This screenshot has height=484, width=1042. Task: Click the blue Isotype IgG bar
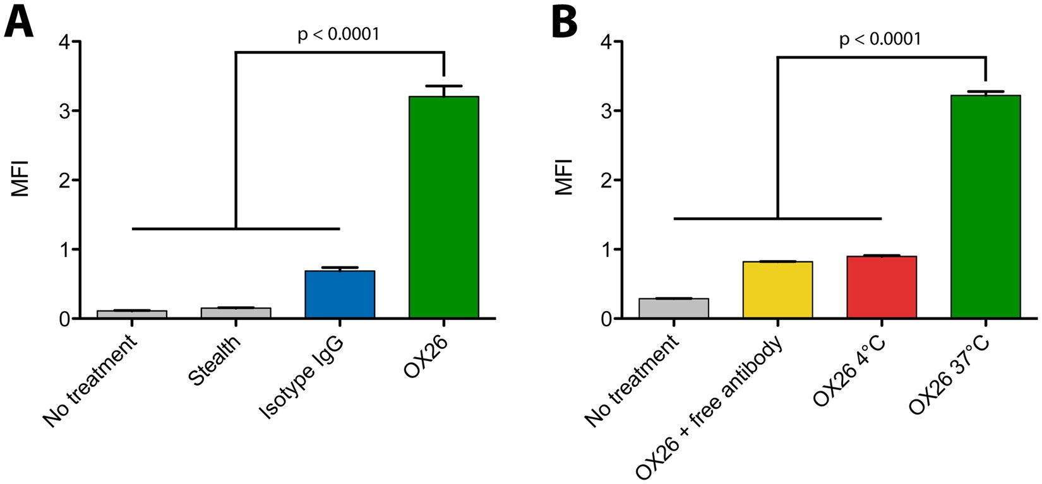click(340, 294)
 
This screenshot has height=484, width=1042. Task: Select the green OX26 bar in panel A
click(444, 208)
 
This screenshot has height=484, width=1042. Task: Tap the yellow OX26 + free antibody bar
click(777, 290)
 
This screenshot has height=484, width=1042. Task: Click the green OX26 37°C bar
click(985, 208)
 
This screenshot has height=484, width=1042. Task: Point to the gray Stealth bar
click(236, 312)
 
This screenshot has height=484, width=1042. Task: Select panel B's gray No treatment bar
click(674, 308)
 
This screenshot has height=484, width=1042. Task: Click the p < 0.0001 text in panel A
click(338, 34)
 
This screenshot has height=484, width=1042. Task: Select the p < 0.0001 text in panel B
click(880, 40)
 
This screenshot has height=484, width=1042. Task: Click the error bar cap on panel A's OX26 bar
click(444, 86)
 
